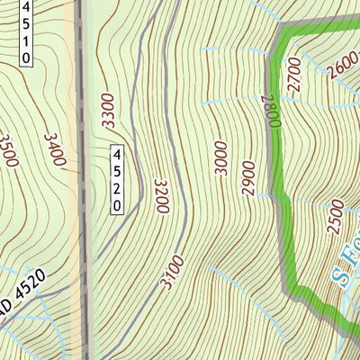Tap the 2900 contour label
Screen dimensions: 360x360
249,177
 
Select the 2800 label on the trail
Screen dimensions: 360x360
266,112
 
